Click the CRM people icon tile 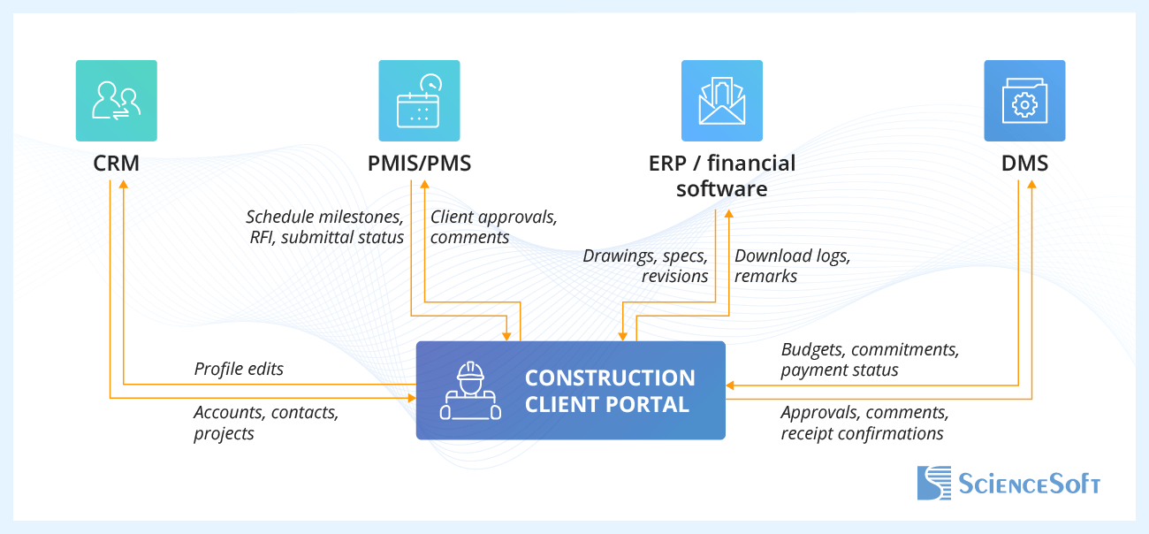116,101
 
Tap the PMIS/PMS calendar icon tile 419,101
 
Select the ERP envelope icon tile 722,101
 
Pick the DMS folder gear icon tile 1024,101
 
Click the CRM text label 116,164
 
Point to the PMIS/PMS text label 419,164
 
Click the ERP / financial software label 722,176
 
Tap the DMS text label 1024,164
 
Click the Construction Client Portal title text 610,391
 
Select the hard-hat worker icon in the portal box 470,390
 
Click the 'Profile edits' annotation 239,369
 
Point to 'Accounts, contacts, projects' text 266,423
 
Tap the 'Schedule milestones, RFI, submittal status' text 324,226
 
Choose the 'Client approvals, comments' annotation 493,226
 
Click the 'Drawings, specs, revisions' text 645,266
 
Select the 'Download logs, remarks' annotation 792,266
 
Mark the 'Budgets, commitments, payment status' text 870,360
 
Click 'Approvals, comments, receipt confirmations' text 864,423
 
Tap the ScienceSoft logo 1008,483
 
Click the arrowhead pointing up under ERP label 729,214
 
